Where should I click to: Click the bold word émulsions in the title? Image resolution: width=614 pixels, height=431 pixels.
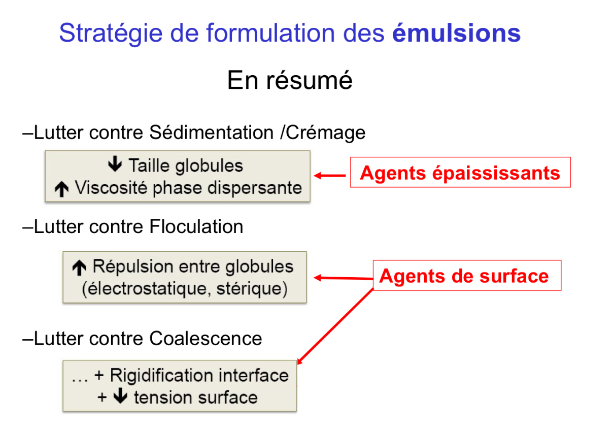click(456, 34)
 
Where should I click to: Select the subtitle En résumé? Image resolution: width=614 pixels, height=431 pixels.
click(290, 81)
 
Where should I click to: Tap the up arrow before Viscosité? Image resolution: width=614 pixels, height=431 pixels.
click(61, 189)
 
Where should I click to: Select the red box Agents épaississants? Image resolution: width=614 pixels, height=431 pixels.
click(460, 173)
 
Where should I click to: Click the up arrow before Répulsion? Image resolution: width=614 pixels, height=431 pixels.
click(79, 266)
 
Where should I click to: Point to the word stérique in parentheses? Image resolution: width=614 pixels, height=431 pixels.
click(248, 289)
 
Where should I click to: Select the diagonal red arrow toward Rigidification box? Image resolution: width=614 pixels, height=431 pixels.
click(335, 326)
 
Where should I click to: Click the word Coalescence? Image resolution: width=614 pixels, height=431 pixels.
click(206, 338)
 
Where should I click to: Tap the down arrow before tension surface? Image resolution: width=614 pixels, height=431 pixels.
click(120, 396)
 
